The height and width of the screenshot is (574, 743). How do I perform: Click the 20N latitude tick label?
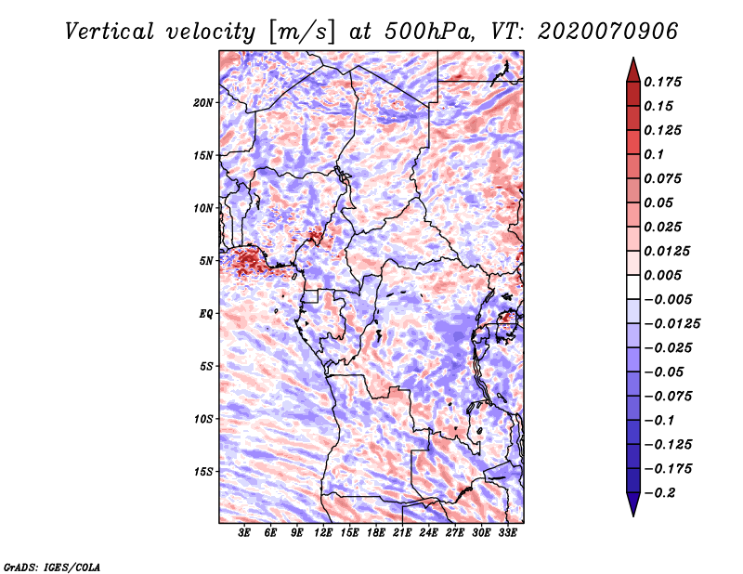[203, 102]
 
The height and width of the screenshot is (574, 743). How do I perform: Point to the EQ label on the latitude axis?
[206, 313]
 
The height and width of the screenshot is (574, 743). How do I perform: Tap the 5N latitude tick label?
[206, 260]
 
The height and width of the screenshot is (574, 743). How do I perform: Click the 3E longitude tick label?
[245, 533]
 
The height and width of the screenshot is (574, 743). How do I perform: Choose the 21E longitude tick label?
[402, 533]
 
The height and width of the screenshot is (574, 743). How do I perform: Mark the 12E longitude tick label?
[323, 533]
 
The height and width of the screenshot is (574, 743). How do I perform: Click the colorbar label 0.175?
[663, 82]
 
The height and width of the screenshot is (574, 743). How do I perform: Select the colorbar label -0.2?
[659, 492]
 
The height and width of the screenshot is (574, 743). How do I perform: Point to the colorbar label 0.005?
[663, 275]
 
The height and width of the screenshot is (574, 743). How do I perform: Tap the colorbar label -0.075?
[667, 396]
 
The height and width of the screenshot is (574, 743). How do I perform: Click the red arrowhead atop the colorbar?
[632, 67]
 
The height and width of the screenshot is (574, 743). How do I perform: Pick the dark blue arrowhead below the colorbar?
[632, 505]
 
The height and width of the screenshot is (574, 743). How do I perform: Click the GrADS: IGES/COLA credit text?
[51, 566]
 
